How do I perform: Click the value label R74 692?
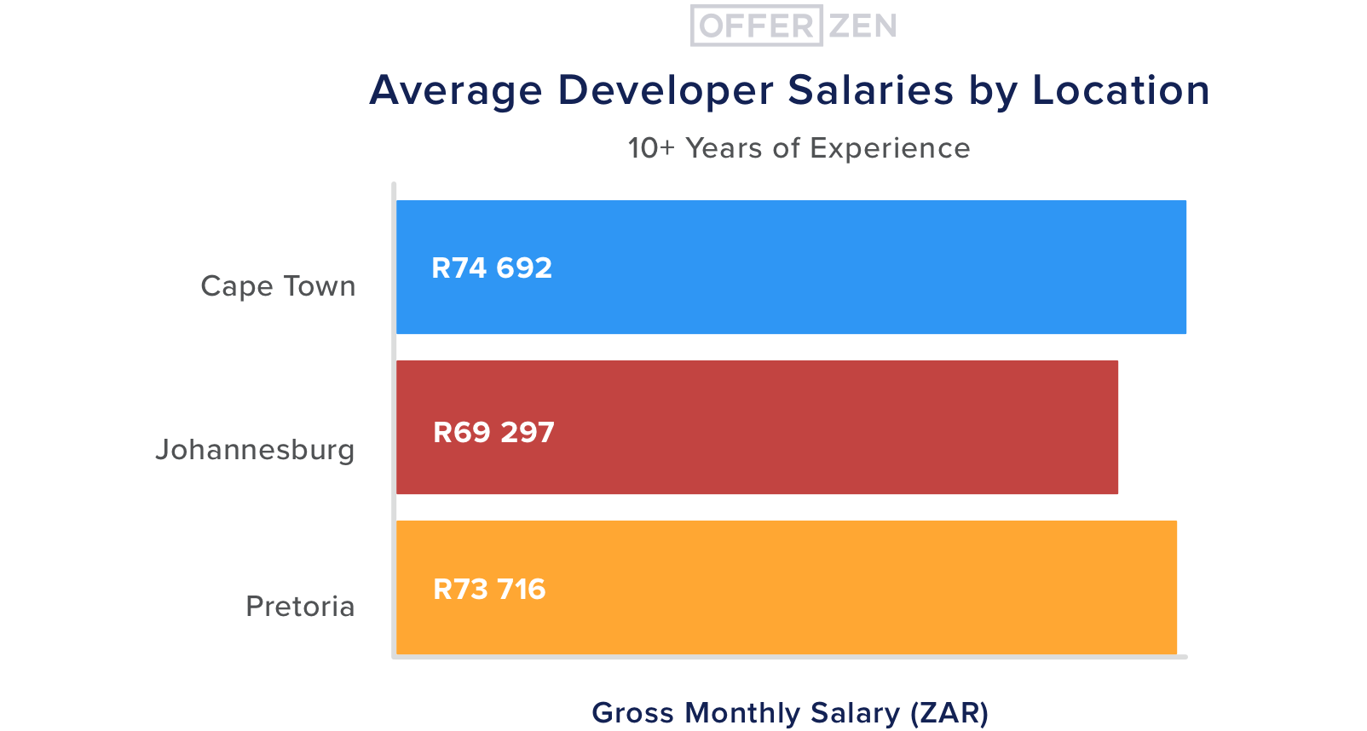(492, 268)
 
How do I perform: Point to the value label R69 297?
(493, 433)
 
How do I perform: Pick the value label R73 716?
(489, 590)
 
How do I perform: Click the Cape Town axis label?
(278, 286)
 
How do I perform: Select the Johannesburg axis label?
(255, 450)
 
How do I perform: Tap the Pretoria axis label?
(300, 607)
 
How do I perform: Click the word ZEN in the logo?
(862, 26)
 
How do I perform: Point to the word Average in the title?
(456, 90)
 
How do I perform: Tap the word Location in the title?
(1121, 90)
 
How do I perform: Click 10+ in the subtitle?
(651, 148)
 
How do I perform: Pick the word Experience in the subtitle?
(890, 148)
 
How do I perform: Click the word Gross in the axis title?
(632, 712)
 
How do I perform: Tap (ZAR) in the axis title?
(949, 712)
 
